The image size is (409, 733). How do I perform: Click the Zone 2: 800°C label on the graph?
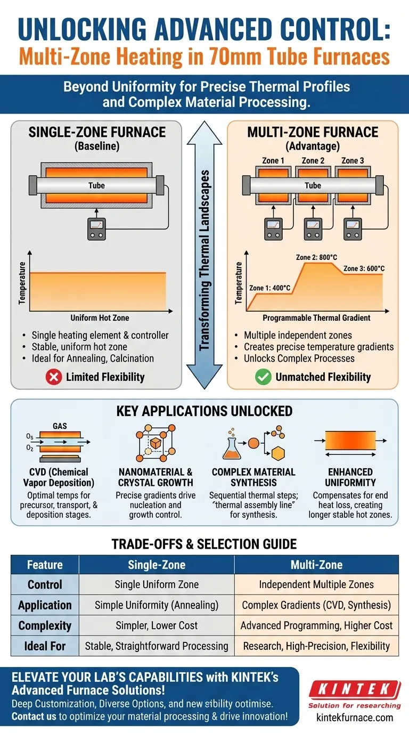click(x=316, y=257)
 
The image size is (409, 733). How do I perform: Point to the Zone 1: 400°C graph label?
click(x=269, y=288)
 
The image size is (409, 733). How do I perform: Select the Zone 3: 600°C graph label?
click(x=364, y=268)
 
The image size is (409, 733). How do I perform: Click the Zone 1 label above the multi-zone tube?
click(x=273, y=160)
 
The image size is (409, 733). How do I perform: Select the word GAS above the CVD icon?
click(x=60, y=427)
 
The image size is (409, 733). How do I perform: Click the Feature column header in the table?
click(x=45, y=565)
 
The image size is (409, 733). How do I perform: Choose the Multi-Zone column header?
click(x=316, y=565)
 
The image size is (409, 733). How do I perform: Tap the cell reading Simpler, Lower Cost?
click(x=157, y=625)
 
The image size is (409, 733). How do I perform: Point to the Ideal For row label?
click(x=45, y=646)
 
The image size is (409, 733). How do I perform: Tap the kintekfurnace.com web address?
click(x=354, y=717)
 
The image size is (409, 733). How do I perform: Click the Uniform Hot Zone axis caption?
click(x=100, y=318)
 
